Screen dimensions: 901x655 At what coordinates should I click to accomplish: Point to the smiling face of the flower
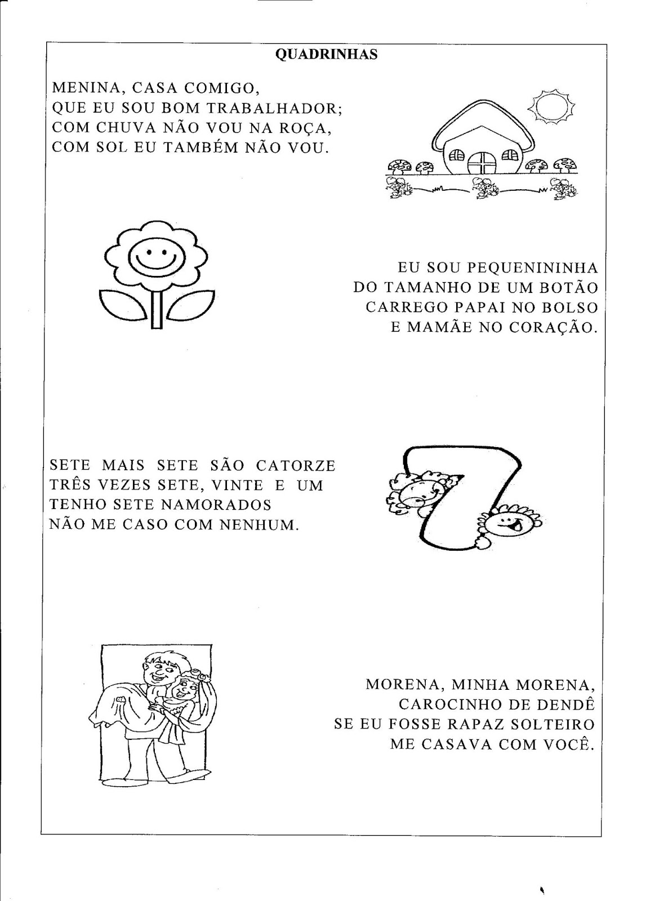tap(152, 257)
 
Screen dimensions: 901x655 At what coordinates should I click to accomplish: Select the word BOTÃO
tap(568, 287)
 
